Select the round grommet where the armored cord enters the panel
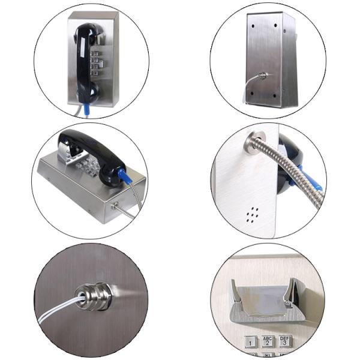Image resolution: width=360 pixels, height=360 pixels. point(250,143)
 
